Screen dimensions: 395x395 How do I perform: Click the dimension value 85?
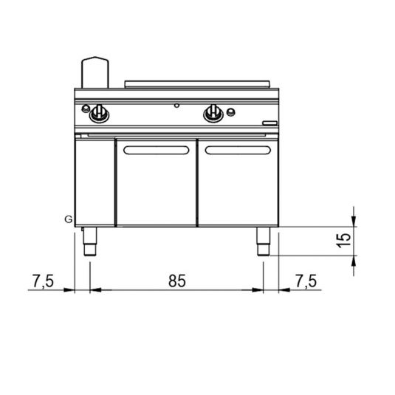(177, 281)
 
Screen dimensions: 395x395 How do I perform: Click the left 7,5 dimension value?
(43, 281)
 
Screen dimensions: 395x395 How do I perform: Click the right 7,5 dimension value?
(306, 281)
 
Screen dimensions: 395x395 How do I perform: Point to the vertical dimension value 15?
(344, 241)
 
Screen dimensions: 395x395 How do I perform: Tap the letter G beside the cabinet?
(69, 219)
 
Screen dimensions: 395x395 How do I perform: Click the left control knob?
(99, 114)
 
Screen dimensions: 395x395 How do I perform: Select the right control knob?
(213, 114)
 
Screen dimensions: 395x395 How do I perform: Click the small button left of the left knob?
(86, 109)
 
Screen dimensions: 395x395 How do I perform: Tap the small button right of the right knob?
(231, 111)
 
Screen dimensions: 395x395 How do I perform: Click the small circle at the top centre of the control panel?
(177, 106)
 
